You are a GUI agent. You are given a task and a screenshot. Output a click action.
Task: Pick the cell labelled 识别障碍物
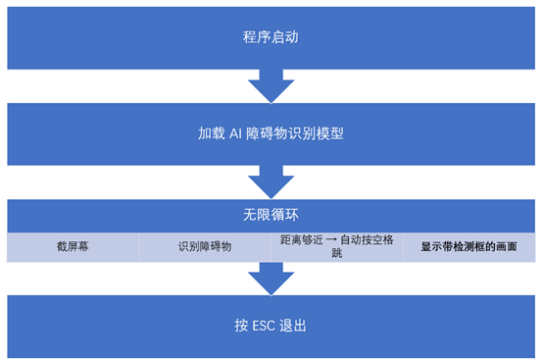[204, 247]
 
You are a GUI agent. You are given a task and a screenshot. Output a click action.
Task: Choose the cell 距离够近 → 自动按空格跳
[336, 246]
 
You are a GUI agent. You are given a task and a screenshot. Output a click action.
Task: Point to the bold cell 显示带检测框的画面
[468, 247]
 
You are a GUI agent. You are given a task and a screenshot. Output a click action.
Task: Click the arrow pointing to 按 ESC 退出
[271, 280]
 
